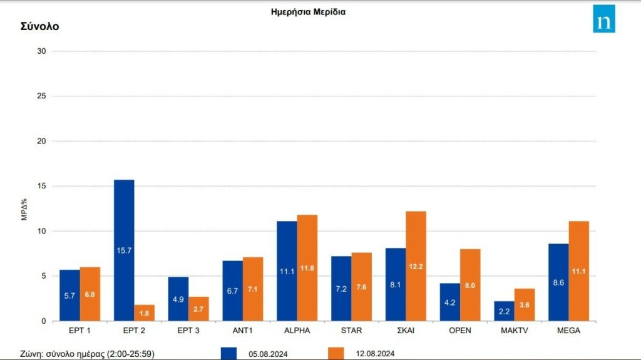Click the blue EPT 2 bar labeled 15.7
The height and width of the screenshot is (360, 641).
pyautogui.click(x=124, y=250)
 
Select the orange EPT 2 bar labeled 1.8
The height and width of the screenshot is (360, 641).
pyautogui.click(x=145, y=313)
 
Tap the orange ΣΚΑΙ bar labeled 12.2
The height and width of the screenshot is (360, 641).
pyautogui.click(x=416, y=266)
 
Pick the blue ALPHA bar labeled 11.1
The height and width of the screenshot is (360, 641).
pyautogui.click(x=287, y=271)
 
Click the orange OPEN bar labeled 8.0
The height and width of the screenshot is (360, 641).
pyautogui.click(x=470, y=285)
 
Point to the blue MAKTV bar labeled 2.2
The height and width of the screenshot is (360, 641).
pyautogui.click(x=504, y=311)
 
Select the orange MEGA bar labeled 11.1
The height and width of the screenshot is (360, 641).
pyautogui.click(x=578, y=271)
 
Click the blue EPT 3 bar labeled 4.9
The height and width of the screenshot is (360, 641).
pyautogui.click(x=178, y=299)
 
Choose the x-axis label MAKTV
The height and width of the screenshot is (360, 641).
pyautogui.click(x=513, y=331)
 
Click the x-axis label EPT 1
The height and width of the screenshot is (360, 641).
pyautogui.click(x=79, y=331)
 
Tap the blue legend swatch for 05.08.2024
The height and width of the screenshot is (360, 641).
pyautogui.click(x=229, y=354)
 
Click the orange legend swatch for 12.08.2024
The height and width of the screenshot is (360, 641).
pyautogui.click(x=336, y=354)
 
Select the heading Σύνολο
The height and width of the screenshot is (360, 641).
pyautogui.click(x=39, y=26)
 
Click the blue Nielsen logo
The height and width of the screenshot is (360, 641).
pyautogui.click(x=604, y=19)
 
